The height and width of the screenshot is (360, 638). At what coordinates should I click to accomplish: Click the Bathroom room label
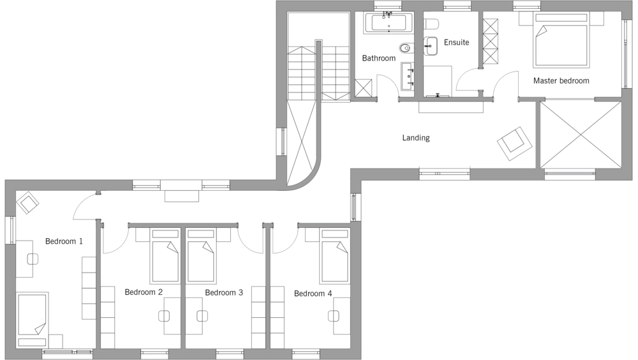pyautogui.click(x=378, y=58)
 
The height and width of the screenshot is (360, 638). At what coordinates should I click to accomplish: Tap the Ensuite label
pyautogui.click(x=456, y=42)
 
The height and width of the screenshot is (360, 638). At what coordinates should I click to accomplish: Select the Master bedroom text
pyautogui.click(x=561, y=80)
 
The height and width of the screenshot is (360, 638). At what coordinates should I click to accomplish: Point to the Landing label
pyautogui.click(x=416, y=138)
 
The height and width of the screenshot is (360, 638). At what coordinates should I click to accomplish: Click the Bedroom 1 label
pyautogui.click(x=64, y=241)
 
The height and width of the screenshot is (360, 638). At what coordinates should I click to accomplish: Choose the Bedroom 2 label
pyautogui.click(x=144, y=292)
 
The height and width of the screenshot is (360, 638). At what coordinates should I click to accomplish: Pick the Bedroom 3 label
pyautogui.click(x=224, y=292)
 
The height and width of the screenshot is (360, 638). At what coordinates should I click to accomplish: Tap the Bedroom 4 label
pyautogui.click(x=313, y=293)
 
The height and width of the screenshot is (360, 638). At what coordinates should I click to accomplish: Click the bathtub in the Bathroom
pyautogui.click(x=389, y=22)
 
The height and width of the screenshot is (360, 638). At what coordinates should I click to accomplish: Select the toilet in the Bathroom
pyautogui.click(x=406, y=49)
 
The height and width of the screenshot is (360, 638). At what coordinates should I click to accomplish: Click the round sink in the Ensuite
pyautogui.click(x=430, y=46)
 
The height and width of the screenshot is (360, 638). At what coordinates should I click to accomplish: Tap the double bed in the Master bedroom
pyautogui.click(x=561, y=40)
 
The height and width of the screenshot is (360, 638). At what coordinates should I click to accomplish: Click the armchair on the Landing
pyautogui.click(x=514, y=144)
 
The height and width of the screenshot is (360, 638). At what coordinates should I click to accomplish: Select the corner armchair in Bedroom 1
pyautogui.click(x=27, y=202)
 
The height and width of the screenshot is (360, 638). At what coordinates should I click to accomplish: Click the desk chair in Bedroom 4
pyautogui.click(x=333, y=315)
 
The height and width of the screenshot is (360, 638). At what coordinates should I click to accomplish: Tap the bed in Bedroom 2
pyautogui.click(x=165, y=256)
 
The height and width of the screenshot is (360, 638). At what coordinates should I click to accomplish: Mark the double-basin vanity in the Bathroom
pyautogui.click(x=407, y=76)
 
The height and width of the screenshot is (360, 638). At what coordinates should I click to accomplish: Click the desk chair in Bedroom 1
pyautogui.click(x=33, y=259)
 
